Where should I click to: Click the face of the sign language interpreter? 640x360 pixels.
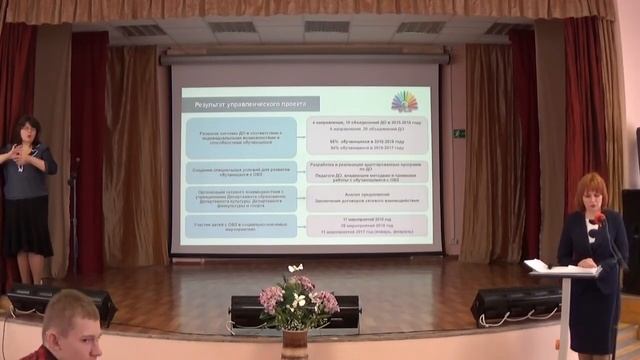(27, 130)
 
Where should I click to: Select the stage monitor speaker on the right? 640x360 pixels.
(515, 302)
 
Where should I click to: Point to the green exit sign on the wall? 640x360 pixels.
(459, 133)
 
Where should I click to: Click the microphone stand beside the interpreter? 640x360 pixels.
(73, 215)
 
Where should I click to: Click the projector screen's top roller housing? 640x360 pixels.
(304, 59)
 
